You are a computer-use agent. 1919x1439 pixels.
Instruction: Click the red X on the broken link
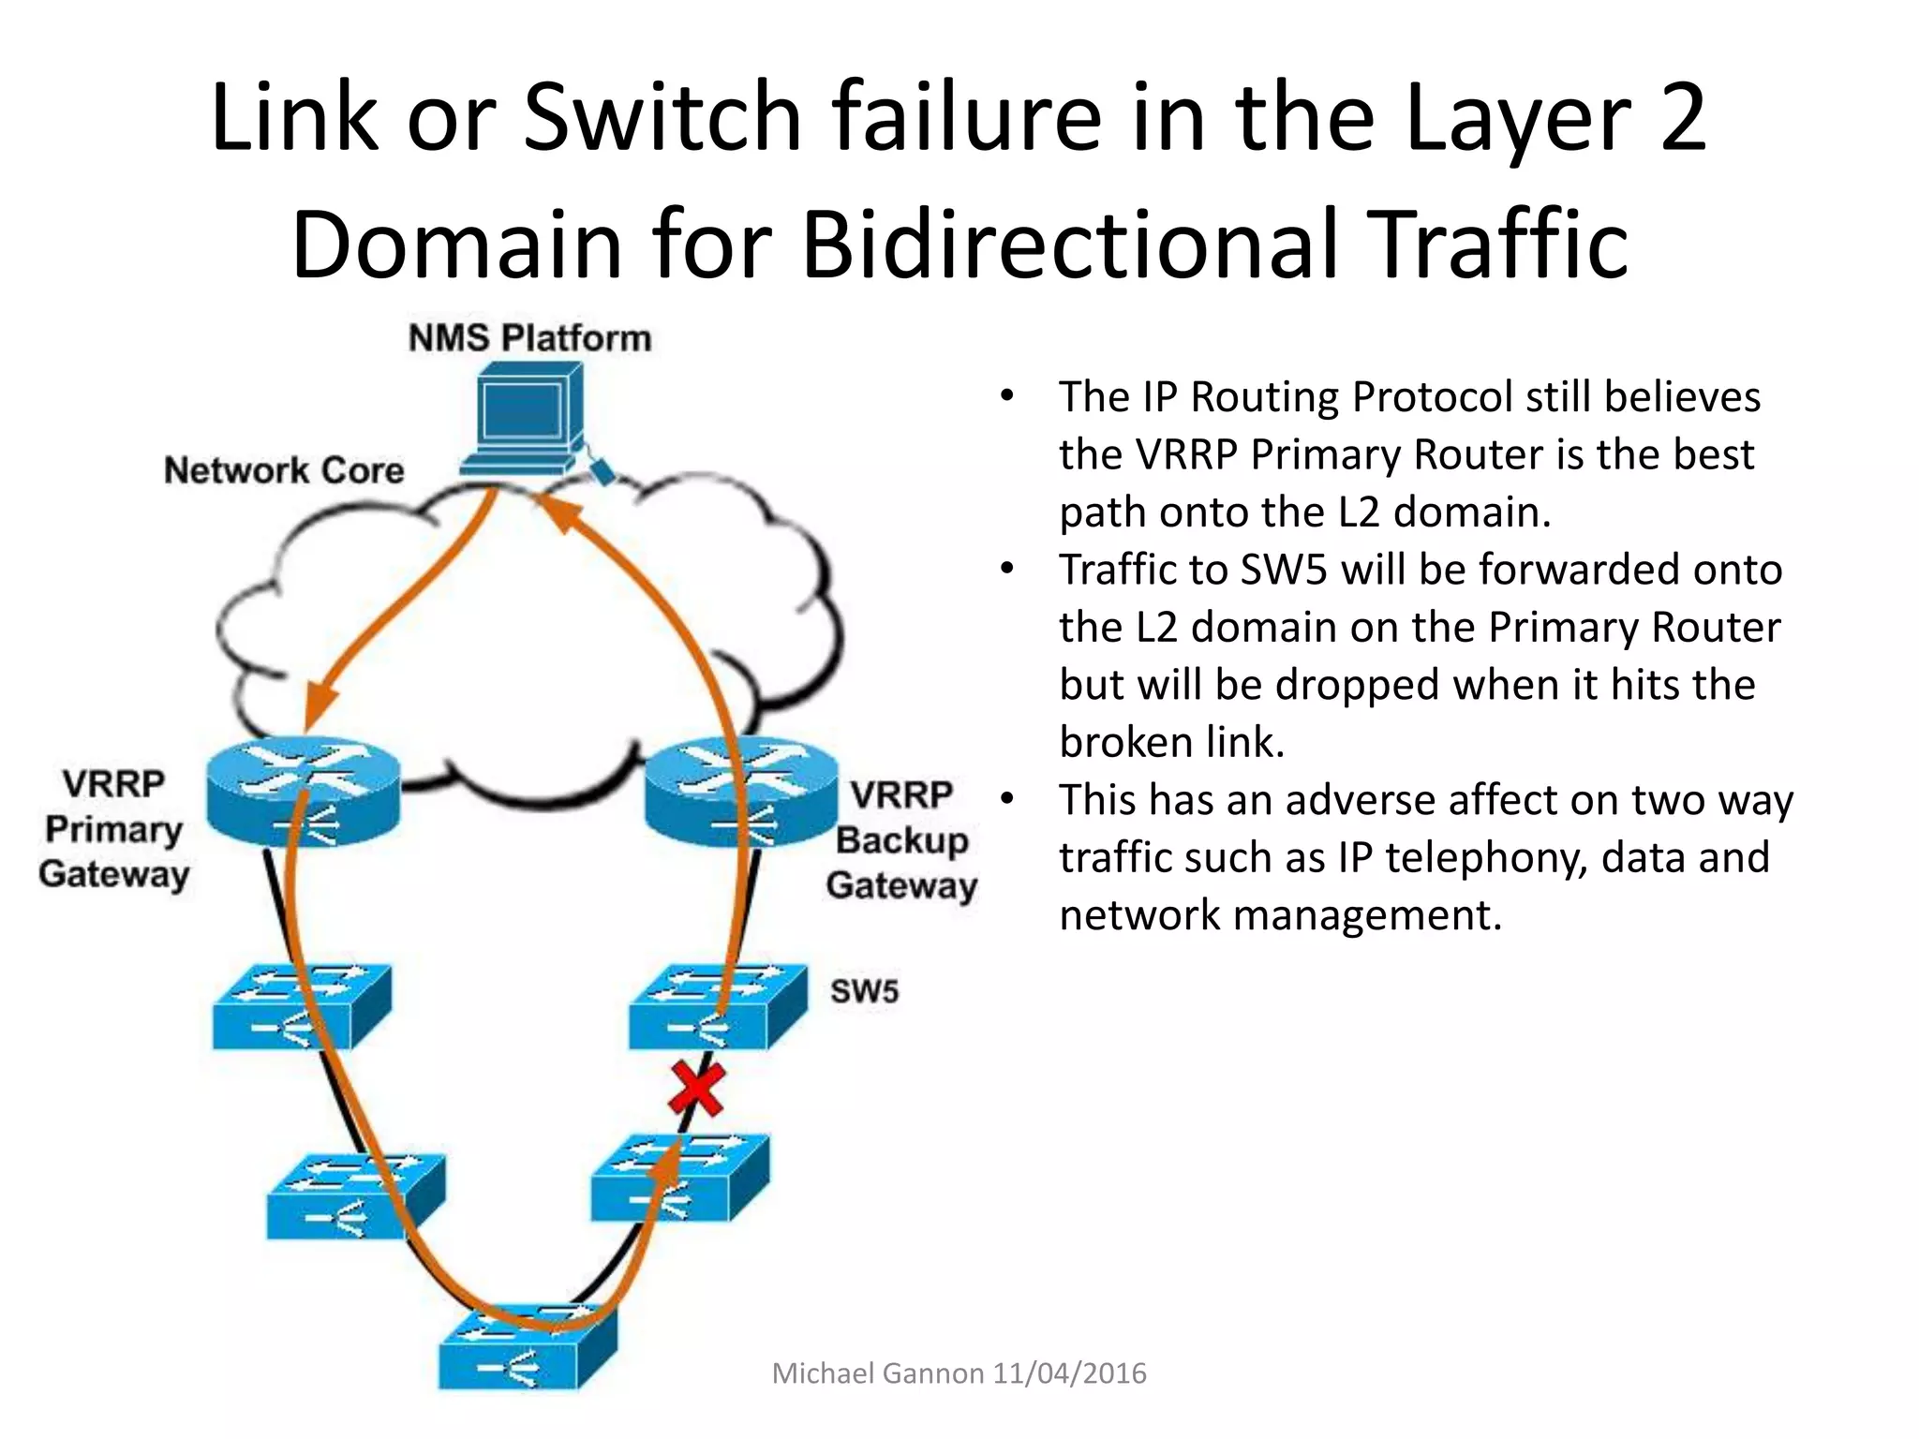pyautogui.click(x=697, y=1089)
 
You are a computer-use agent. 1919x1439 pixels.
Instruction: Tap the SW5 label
pyautogui.click(x=864, y=991)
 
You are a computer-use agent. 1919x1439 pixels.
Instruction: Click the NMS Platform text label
pyautogui.click(x=529, y=338)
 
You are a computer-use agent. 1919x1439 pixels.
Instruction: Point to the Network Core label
pyautogui.click(x=284, y=470)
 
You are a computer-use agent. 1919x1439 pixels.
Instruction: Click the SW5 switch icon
pyautogui.click(x=717, y=1007)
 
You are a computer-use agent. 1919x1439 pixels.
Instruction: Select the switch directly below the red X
pyautogui.click(x=680, y=1179)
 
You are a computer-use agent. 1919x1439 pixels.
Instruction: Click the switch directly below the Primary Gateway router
pyautogui.click(x=301, y=1007)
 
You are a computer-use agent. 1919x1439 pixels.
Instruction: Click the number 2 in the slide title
pyautogui.click(x=1682, y=117)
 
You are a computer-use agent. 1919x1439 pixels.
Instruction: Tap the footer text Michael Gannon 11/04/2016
pyautogui.click(x=959, y=1373)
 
